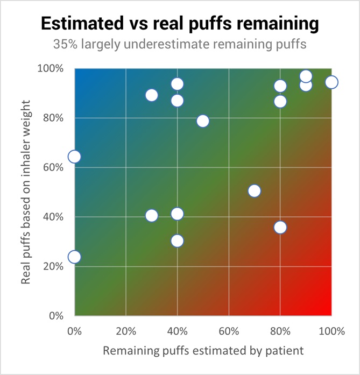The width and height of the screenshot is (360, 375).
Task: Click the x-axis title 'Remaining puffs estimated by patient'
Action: coord(203,350)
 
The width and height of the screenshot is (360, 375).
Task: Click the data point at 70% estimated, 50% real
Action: coord(255,191)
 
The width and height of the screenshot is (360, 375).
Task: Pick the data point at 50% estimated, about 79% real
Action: coord(203,121)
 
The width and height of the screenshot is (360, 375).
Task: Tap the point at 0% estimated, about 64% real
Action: coord(74,157)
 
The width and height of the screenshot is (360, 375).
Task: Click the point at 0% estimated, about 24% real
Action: coord(74,257)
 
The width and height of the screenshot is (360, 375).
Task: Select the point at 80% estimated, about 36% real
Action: coord(280,227)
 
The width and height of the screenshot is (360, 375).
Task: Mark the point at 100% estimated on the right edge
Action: coord(331,82)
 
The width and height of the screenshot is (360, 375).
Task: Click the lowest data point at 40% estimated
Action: coord(177,240)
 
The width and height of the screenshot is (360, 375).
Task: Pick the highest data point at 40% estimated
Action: coord(177,84)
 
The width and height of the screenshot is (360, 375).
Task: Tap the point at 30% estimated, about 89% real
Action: coord(152,95)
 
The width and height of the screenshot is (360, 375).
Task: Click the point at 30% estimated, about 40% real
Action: coord(152,216)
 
